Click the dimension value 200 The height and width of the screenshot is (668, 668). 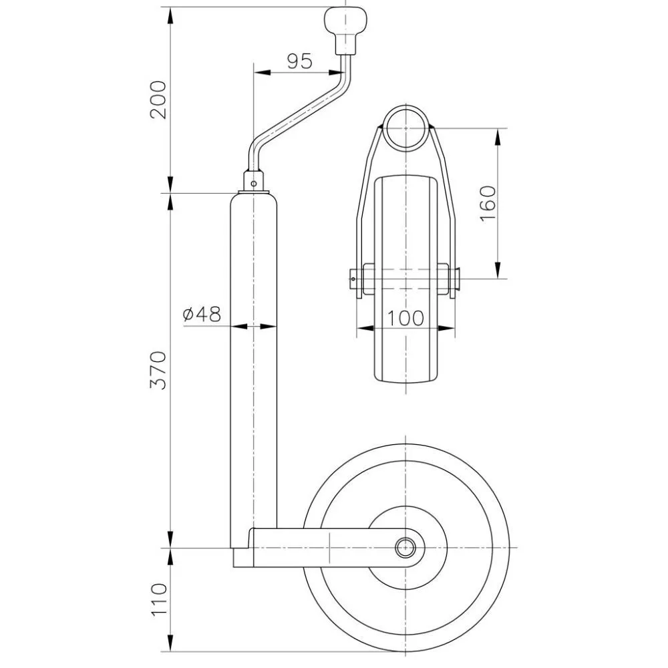[158, 99]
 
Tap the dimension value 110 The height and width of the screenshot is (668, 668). [158, 599]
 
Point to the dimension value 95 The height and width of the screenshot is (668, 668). [299, 61]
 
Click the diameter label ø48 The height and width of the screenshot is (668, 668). [201, 314]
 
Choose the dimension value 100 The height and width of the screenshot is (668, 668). [405, 318]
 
